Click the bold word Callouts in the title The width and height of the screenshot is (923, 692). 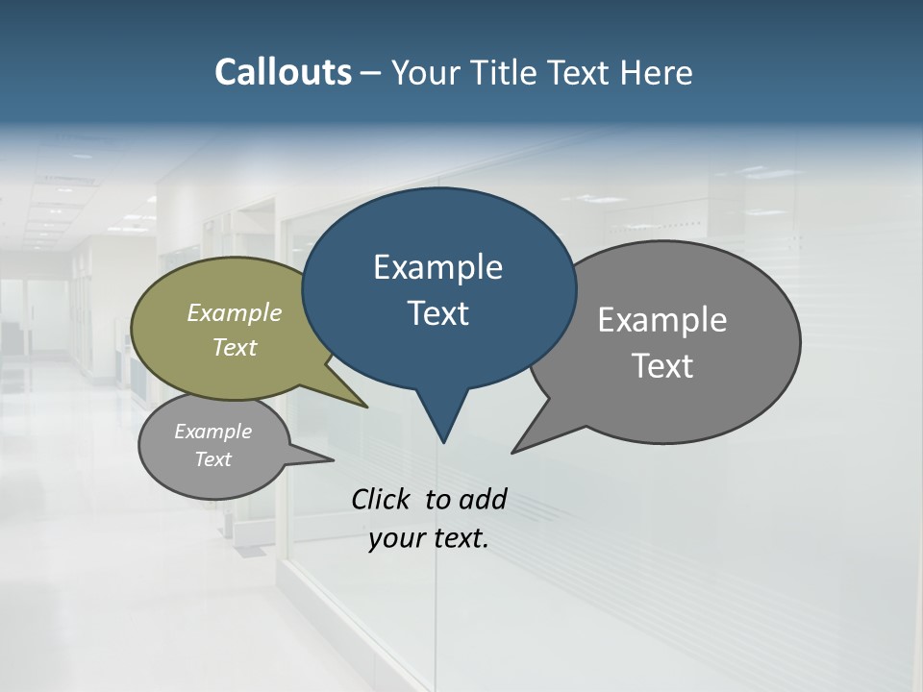click(283, 72)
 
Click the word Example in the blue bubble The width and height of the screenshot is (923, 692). click(437, 267)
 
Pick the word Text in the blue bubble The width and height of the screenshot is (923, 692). click(437, 313)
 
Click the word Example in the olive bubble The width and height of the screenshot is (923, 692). click(235, 312)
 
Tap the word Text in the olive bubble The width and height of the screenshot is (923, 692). click(235, 347)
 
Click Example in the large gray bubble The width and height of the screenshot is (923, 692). click(662, 320)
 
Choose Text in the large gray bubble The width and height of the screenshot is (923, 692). click(662, 365)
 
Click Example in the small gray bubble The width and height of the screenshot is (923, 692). click(213, 432)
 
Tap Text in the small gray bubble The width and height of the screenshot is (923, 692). click(213, 459)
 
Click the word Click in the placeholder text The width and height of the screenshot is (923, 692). click(383, 499)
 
